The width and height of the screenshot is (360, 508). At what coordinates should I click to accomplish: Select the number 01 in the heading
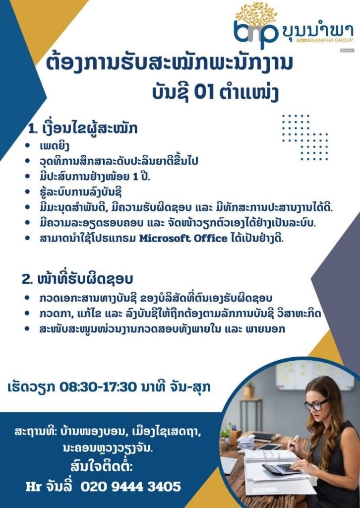(204, 93)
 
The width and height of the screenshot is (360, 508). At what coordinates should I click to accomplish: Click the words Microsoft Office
(183, 239)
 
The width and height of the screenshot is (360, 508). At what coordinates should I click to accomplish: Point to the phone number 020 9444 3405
(130, 486)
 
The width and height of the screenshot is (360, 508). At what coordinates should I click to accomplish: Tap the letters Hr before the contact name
(32, 487)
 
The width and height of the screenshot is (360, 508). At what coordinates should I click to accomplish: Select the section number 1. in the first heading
(33, 129)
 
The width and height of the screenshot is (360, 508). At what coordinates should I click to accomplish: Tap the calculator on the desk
(280, 469)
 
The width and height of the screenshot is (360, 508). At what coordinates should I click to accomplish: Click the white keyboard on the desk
(229, 465)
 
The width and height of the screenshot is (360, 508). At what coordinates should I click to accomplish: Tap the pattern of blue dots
(305, 137)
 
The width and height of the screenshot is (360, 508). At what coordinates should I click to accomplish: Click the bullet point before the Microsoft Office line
(27, 238)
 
